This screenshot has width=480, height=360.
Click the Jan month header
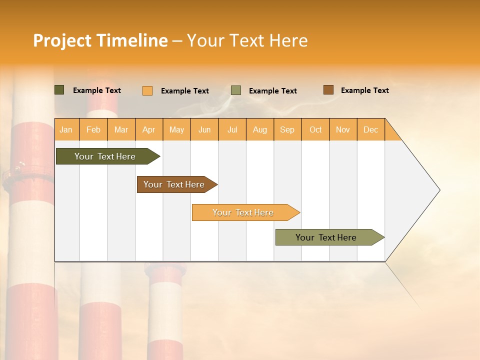point(66,129)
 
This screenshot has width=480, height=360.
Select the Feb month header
point(93,129)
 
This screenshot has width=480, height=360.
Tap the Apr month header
point(149,129)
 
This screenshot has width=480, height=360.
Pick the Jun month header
point(204,129)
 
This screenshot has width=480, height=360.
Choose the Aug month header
point(260,129)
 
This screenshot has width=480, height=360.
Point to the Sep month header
point(287,129)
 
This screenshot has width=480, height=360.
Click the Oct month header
point(315,129)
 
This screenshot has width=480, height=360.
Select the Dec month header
point(371,129)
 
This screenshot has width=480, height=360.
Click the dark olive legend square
point(59,90)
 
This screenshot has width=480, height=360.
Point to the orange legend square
point(147,90)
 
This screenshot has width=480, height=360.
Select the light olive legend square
point(236,90)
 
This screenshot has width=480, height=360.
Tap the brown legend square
point(328,90)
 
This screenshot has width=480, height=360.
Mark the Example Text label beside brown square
point(365,90)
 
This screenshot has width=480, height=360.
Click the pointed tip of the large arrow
point(438,190)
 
